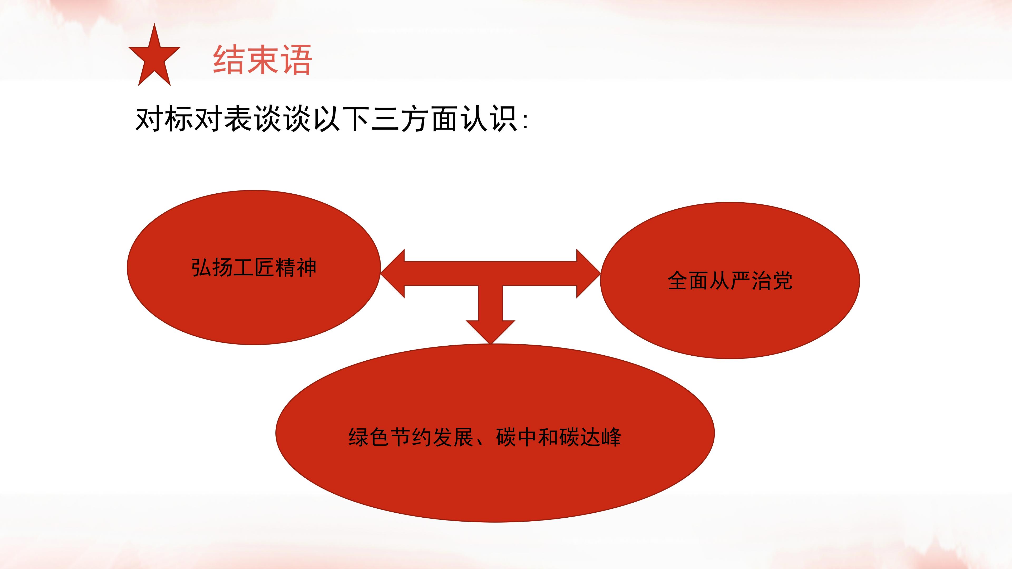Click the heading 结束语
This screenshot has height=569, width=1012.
[x=262, y=60]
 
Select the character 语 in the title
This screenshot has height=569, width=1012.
[x=296, y=60]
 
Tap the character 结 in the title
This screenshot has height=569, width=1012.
[x=229, y=60]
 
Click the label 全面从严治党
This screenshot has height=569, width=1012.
[x=730, y=280]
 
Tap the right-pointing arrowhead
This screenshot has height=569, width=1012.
[x=588, y=273]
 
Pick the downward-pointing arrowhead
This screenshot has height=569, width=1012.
[x=491, y=332]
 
